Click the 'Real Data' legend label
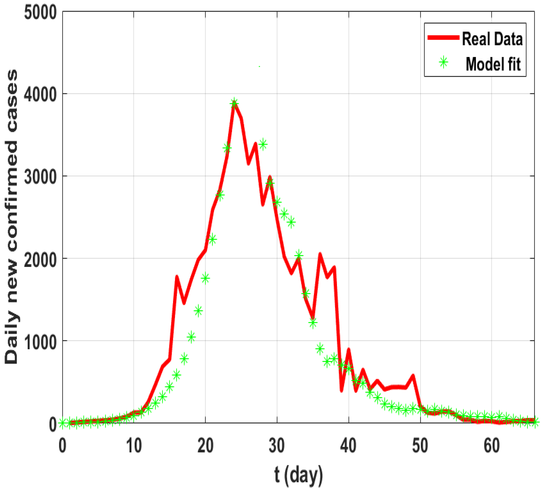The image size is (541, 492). (492, 39)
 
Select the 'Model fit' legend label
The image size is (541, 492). (493, 64)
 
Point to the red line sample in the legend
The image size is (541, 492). (443, 38)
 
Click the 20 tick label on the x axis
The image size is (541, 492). (206, 446)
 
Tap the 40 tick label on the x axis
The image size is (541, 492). (348, 446)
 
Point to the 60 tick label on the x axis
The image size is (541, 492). (492, 446)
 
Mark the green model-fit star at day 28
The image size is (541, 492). (263, 144)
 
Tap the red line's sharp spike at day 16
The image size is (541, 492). (177, 276)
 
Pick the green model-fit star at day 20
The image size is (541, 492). (206, 278)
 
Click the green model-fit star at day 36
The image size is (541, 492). (320, 349)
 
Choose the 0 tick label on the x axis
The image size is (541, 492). (62, 446)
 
